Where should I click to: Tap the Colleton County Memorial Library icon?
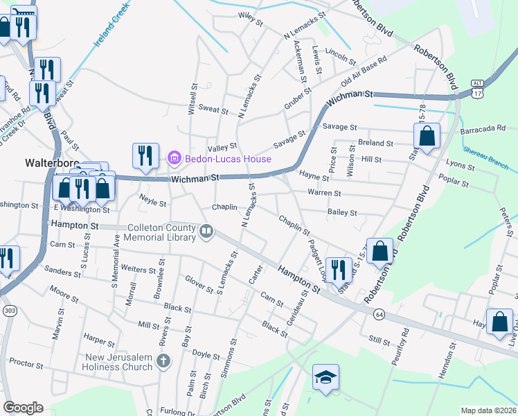coord(206,232)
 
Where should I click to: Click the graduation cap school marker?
coord(325,378)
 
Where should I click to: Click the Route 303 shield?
coord(9,309)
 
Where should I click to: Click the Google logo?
coord(23,408)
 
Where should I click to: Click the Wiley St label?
coord(251,19)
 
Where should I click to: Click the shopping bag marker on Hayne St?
coord(428,138)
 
